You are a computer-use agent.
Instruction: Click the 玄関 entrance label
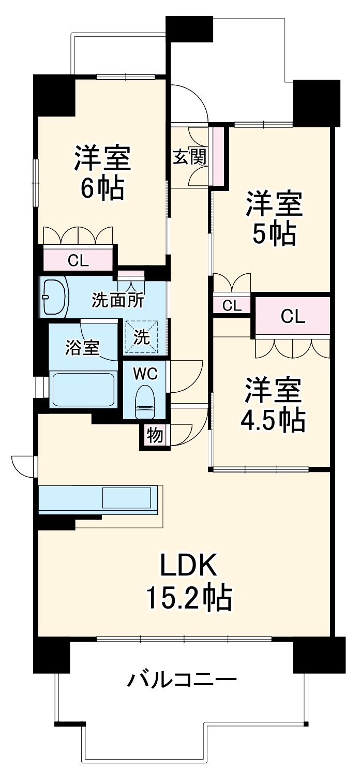189,157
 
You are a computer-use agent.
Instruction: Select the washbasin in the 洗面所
53,297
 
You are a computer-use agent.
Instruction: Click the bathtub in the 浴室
82,389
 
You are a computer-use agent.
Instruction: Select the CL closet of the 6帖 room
78,260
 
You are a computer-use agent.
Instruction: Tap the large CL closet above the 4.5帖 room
293,316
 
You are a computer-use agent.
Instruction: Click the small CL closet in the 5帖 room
232,305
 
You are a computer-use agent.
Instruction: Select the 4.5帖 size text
272,421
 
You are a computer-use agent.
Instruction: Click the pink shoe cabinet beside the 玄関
219,156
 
